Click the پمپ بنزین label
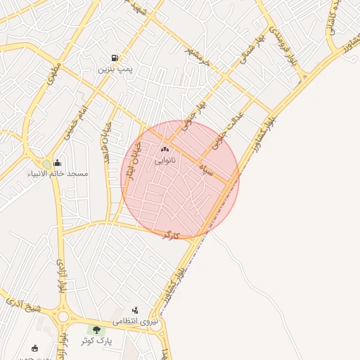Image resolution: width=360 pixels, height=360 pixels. (115, 70)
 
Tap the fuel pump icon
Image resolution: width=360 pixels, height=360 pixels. (115, 58)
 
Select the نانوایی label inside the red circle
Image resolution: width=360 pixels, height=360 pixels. (166, 161)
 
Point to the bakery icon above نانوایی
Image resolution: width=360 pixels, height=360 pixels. (166, 149)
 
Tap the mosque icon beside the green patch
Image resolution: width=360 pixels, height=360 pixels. (57, 163)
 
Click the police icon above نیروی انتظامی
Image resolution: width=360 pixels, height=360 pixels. (136, 310)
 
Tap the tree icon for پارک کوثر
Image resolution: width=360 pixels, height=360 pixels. (96, 330)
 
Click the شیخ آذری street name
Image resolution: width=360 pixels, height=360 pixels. (24, 305)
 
